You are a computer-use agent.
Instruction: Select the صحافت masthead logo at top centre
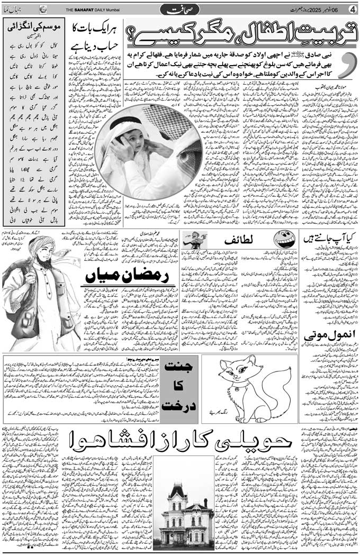coord(179,10)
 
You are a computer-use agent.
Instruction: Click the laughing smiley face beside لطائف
coord(283,240)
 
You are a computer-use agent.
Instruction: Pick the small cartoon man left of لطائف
coord(194,240)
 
